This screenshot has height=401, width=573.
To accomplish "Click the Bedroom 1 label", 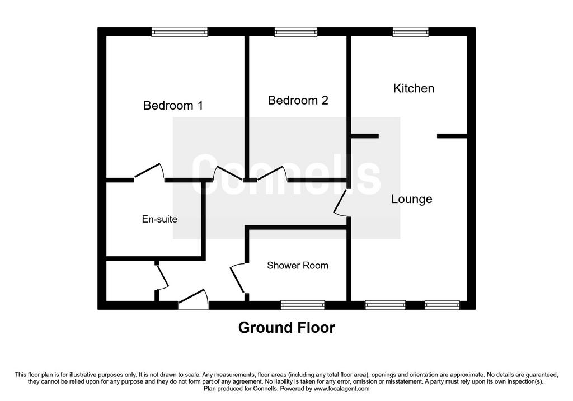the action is pyautogui.click(x=173, y=106).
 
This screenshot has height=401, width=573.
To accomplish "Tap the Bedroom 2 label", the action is pyautogui.click(x=298, y=101).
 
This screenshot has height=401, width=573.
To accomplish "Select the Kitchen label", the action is pyautogui.click(x=414, y=88).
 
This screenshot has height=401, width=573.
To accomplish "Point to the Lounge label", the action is pyautogui.click(x=412, y=199).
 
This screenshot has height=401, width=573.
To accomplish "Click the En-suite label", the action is pyautogui.click(x=159, y=219).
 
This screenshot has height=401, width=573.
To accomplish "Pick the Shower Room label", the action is pyautogui.click(x=298, y=266).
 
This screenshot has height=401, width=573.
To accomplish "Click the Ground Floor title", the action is pyautogui.click(x=286, y=328).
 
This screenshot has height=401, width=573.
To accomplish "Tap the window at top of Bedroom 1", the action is pyautogui.click(x=180, y=32).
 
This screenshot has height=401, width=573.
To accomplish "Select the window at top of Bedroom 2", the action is pyautogui.click(x=295, y=32).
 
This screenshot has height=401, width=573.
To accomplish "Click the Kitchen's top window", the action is pyautogui.click(x=410, y=32).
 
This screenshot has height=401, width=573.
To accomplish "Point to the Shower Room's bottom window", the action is pyautogui.click(x=303, y=305).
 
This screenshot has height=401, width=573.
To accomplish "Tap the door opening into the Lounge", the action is pyautogui.click(x=341, y=202).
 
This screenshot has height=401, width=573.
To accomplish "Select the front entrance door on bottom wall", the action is pyautogui.click(x=193, y=299).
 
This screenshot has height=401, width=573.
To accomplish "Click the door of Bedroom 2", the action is pyautogui.click(x=273, y=173).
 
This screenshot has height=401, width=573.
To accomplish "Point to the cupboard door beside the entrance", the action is pyautogui.click(x=162, y=277).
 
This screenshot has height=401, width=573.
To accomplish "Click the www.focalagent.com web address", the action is pyautogui.click(x=341, y=389).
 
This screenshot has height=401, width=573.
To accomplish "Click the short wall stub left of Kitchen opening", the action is pyautogui.click(x=365, y=136).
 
